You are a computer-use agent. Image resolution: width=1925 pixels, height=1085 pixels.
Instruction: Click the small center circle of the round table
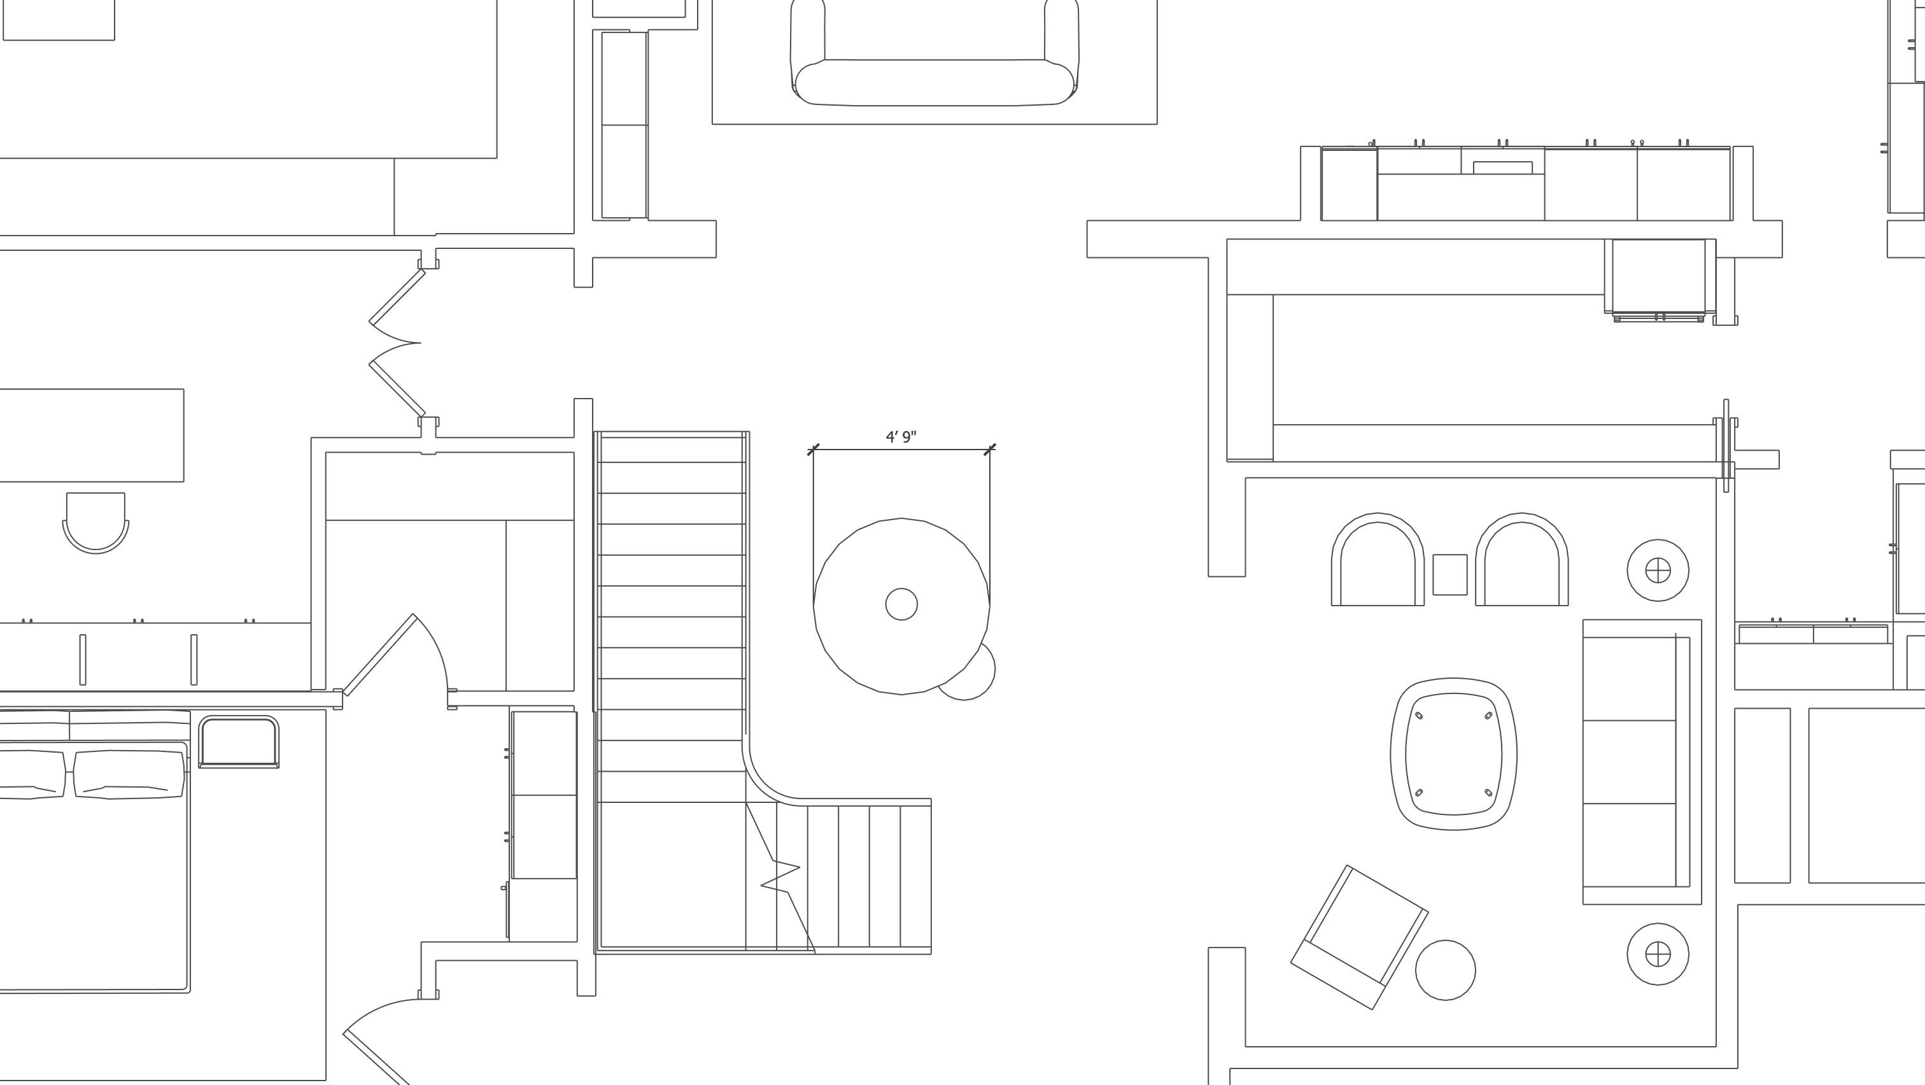[x=901, y=604]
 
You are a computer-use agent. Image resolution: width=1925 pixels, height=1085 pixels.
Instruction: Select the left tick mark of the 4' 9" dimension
[x=814, y=449]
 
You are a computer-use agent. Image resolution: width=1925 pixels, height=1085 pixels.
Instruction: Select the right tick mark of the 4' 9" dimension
[x=989, y=449]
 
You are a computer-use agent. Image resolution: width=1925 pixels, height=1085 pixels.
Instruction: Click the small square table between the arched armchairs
[x=1449, y=574]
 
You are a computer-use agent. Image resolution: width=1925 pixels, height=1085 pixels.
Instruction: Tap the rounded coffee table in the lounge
[x=1453, y=754]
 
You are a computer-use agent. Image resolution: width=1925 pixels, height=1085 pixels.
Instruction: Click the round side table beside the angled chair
[x=1445, y=970]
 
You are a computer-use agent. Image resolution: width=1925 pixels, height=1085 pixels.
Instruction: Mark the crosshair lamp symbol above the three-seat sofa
[x=1658, y=570]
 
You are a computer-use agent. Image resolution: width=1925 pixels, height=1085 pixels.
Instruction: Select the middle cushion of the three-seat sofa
[x=1629, y=762]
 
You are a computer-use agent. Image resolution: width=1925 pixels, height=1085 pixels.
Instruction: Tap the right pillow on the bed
[x=129, y=774]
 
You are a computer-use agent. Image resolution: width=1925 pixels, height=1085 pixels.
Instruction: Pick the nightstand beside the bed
[x=238, y=741]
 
